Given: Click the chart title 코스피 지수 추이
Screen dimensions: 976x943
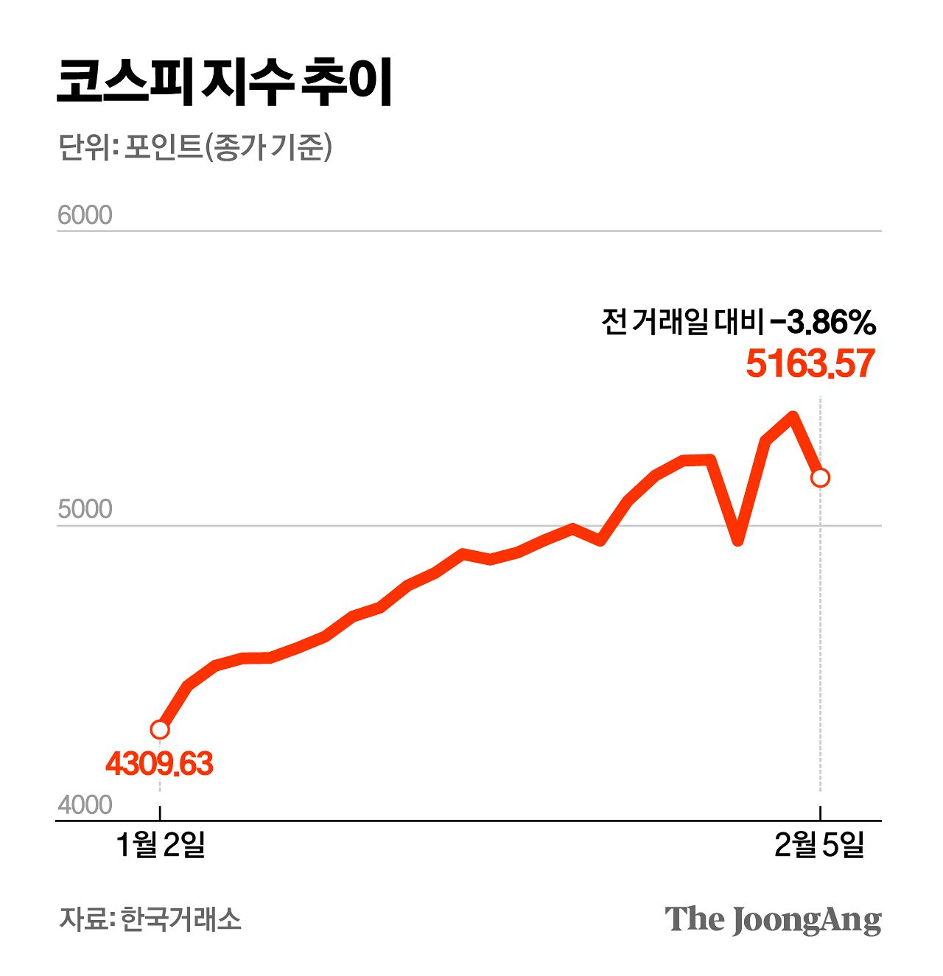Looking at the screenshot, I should point(225,82).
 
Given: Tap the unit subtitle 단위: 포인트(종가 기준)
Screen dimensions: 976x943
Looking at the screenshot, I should point(195,147).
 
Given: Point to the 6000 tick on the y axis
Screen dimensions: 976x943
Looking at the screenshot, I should point(85,215).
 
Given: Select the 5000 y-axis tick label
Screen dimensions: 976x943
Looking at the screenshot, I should point(85,509).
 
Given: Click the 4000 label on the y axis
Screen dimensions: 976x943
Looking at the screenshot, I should point(85,804).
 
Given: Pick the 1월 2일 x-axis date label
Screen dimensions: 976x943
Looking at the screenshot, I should point(161,845).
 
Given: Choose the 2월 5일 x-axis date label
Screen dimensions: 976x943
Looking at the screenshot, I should point(819,845).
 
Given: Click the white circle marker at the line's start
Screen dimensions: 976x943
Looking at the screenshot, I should point(160,729).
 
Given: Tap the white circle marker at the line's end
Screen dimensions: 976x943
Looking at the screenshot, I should point(820,477).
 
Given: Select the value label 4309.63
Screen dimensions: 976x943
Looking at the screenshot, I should point(159,764).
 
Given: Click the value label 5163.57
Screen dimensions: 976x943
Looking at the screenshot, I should point(810,364).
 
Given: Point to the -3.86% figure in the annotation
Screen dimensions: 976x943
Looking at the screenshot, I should point(821,322).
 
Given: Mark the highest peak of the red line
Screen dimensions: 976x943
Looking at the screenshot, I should point(793,416).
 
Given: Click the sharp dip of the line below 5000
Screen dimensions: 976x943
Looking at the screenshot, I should point(737,541).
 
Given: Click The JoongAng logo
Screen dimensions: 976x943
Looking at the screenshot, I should point(773,919).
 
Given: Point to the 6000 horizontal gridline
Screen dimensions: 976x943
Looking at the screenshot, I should point(471,231).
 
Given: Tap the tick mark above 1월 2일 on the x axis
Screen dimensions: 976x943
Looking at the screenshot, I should point(160,813).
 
